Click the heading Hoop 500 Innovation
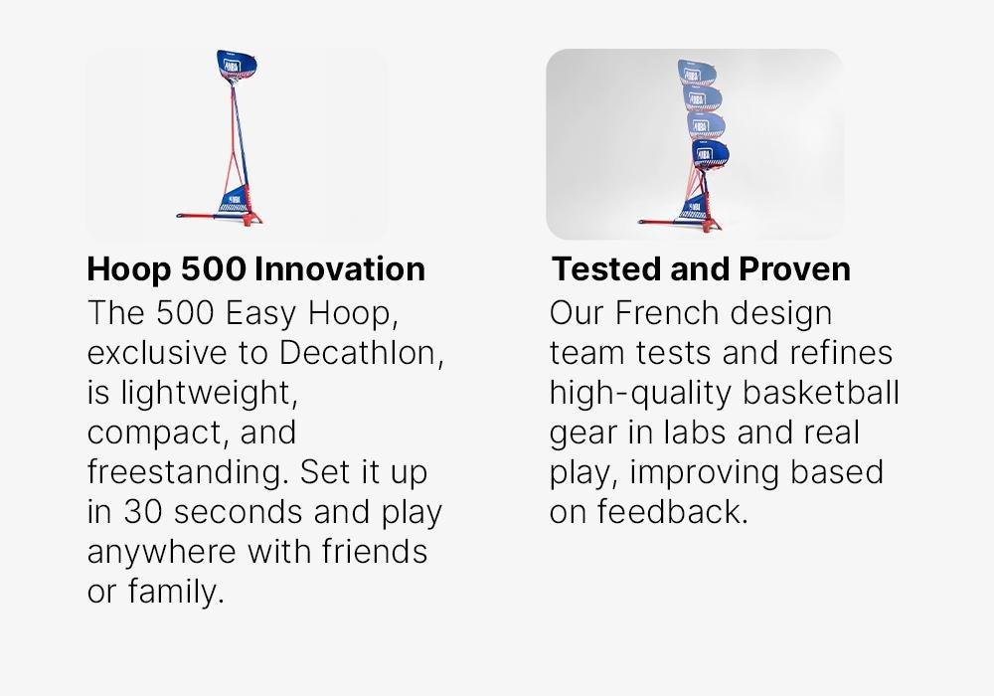(x=256, y=268)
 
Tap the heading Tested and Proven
(x=701, y=268)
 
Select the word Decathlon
(x=362, y=352)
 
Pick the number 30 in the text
(x=142, y=512)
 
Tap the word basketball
(x=821, y=393)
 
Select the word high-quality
(x=641, y=394)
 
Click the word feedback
(x=673, y=511)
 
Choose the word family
(x=176, y=592)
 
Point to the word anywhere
(x=162, y=553)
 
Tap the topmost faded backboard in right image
(x=697, y=73)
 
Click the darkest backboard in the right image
(x=710, y=153)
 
